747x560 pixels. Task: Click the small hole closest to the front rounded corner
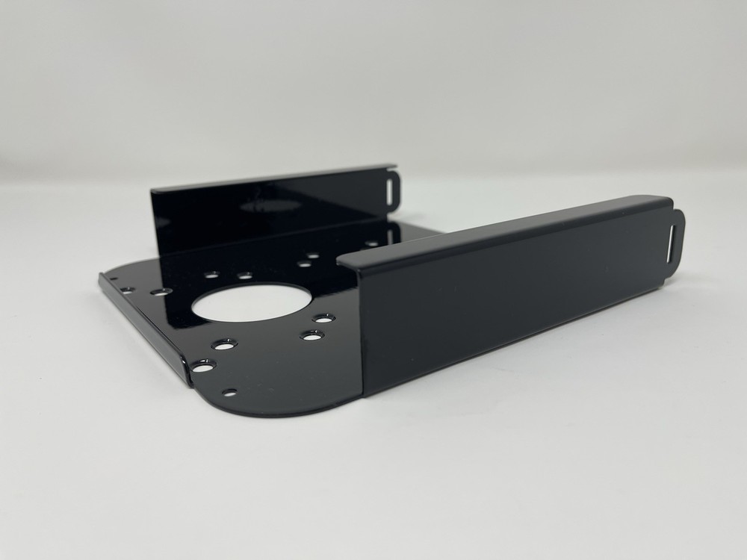click(x=230, y=391)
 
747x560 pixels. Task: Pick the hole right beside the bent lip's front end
click(x=202, y=366)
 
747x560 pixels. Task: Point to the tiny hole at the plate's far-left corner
click(x=114, y=280)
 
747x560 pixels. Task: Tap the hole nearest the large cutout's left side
click(x=159, y=290)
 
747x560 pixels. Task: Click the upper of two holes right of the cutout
click(x=323, y=319)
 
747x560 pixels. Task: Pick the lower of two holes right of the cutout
click(x=311, y=335)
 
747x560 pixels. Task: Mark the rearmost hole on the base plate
click(x=371, y=243)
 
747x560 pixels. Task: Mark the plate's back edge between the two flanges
click(x=418, y=232)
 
